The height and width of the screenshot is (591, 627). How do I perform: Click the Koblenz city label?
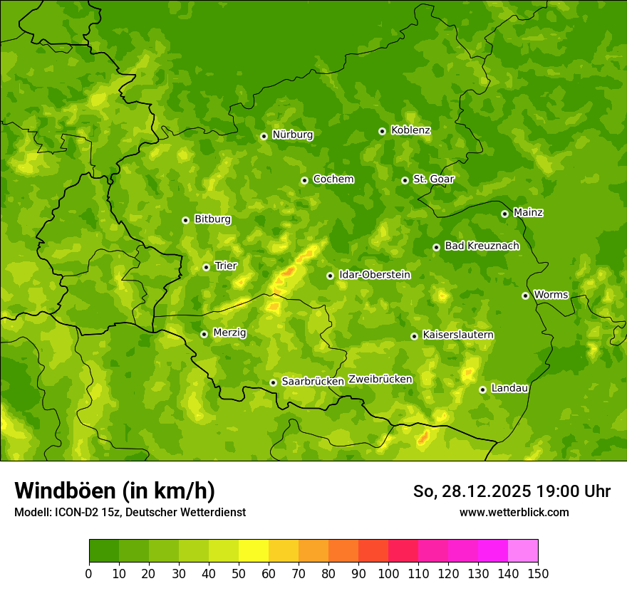(410, 130)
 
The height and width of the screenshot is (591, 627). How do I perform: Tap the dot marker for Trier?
(206, 267)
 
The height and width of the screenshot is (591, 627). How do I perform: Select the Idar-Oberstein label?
(375, 274)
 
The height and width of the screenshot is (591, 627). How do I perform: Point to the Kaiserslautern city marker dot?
(414, 336)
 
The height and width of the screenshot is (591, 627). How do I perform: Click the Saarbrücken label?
(313, 382)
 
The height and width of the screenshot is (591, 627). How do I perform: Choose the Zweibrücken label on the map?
(380, 380)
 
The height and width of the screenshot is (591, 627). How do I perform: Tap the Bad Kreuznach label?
(482, 246)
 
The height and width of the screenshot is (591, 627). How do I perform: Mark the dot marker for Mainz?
(504, 214)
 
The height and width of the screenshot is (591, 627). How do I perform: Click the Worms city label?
(551, 294)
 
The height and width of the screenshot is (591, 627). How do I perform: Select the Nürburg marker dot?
(264, 136)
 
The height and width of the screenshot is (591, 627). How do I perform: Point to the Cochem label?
(333, 179)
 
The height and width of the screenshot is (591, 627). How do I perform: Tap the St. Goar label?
(433, 179)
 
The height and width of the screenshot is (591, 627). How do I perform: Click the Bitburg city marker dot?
(185, 220)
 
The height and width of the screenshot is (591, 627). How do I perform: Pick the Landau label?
(509, 388)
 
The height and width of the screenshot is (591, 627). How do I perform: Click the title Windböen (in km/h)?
(115, 491)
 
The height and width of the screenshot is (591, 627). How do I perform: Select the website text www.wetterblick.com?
(514, 512)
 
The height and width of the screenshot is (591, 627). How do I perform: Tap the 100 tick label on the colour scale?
(388, 573)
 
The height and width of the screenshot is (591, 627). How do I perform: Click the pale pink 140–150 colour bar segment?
(523, 551)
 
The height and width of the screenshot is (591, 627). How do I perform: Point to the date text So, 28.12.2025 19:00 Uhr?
(512, 491)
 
